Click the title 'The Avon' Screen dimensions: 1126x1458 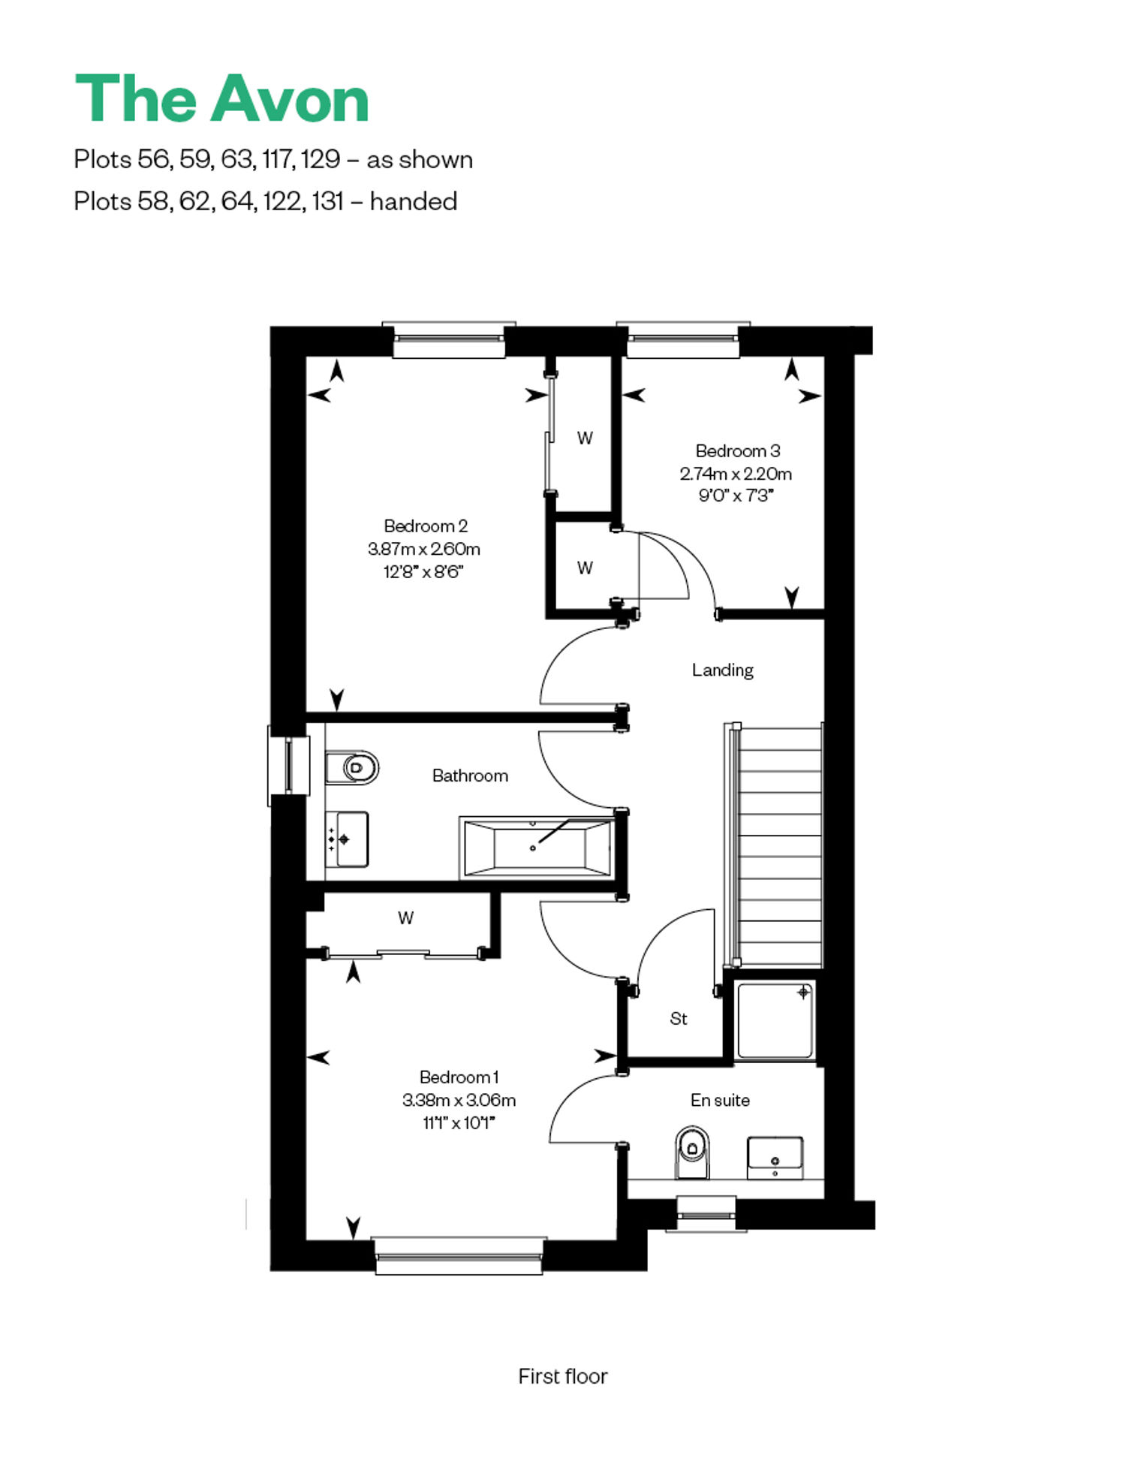point(222,98)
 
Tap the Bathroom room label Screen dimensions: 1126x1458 point(470,776)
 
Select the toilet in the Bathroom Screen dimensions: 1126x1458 point(352,767)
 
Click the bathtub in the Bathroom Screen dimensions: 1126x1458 point(537,848)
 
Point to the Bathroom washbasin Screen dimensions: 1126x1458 point(347,839)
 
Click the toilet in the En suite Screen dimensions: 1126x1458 point(692,1152)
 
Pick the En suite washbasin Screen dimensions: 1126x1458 point(775,1157)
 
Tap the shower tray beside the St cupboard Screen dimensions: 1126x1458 point(775,1020)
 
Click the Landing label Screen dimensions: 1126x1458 point(722,670)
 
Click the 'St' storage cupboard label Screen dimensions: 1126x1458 point(679,1019)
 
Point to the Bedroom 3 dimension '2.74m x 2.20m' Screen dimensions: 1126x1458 point(736,474)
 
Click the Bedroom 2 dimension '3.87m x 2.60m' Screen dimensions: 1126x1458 point(424,549)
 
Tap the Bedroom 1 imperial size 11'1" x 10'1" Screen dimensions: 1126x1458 point(459,1122)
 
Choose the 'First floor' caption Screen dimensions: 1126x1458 point(563,1376)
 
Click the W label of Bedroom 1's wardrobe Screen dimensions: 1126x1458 point(406,917)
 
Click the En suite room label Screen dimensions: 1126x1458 point(720,1100)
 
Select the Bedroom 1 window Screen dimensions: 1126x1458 point(459,1255)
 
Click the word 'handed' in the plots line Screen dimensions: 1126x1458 point(414,201)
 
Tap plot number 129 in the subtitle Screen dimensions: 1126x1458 point(321,159)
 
